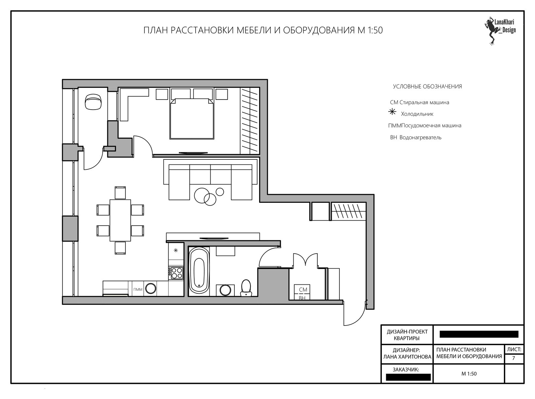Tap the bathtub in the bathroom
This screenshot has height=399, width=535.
pos(199,271)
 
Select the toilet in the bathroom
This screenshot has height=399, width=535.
pos(246,288)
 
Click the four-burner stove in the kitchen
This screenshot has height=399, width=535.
pos(176,273)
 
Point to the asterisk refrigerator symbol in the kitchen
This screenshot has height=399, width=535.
pos(176,250)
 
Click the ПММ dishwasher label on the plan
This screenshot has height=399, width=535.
pos(138,289)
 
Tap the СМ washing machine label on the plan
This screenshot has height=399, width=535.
pos(303,289)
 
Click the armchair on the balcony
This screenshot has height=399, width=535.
pos(93,102)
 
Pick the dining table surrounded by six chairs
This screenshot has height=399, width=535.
pos(120,220)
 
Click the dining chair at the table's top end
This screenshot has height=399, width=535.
pos(120,193)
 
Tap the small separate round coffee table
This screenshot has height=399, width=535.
pos(220,192)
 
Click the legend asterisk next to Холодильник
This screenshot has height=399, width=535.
pos(392,112)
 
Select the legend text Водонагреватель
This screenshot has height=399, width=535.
pos(420,137)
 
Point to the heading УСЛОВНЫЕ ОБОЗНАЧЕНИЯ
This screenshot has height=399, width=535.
pos(427,87)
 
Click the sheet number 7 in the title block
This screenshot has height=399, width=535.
pos(514,358)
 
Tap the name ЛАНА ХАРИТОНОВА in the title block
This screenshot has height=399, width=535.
pos(407,357)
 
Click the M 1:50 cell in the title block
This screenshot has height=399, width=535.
pos(469,374)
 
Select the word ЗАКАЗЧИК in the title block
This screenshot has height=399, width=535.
pos(406,370)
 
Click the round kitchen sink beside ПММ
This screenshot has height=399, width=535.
pos(150,289)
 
